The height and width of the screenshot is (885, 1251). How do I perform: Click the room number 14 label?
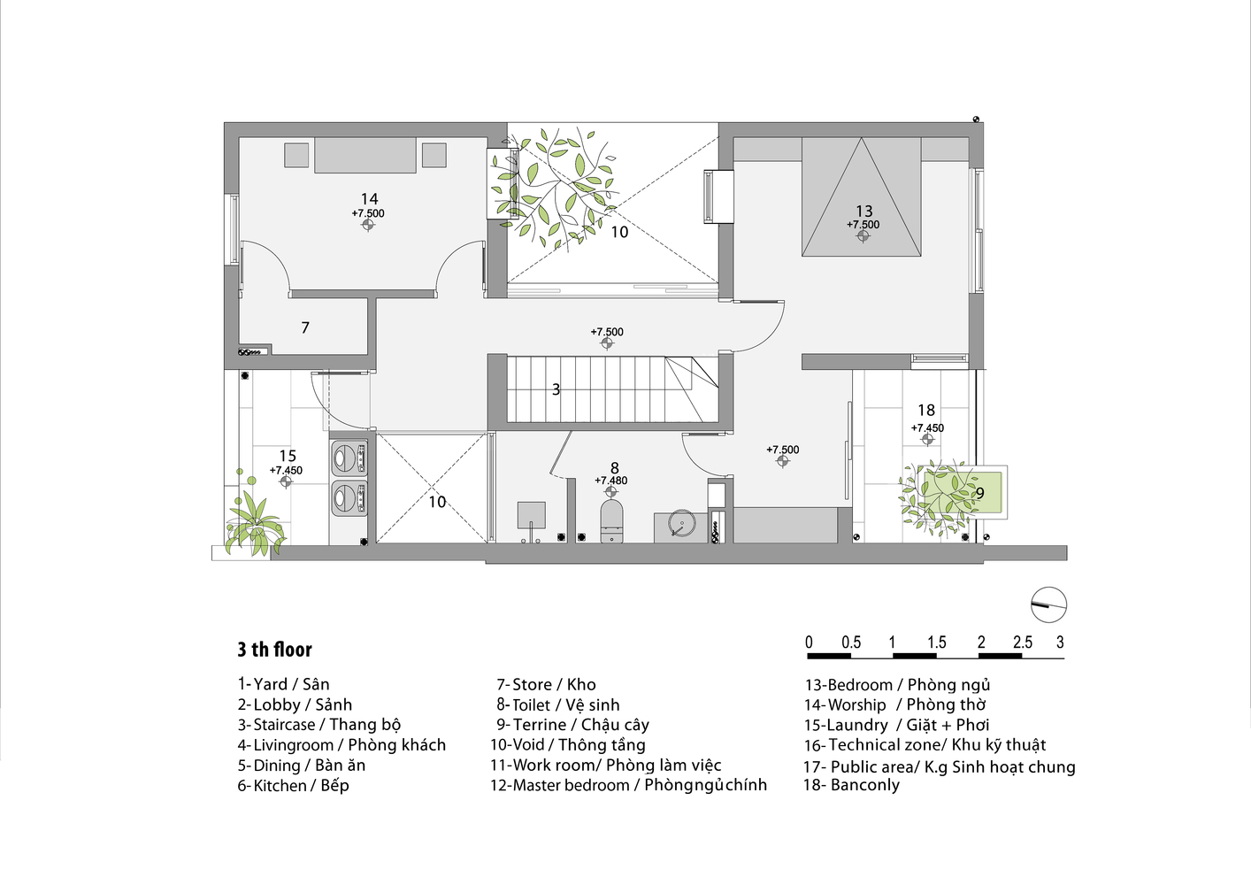[x=369, y=199]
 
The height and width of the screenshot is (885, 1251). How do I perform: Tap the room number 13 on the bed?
[x=863, y=211]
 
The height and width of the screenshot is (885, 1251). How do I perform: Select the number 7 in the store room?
[x=305, y=327]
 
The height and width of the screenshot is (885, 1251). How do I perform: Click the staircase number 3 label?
[x=556, y=389]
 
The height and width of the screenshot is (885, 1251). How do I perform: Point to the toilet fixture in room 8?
[x=612, y=521]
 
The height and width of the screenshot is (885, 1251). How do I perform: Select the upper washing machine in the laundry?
[x=347, y=458]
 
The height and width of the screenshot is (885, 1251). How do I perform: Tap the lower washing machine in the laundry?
[x=347, y=497]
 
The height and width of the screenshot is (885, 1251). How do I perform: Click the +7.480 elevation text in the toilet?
[x=610, y=481]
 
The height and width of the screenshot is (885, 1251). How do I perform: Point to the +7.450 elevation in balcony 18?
[x=927, y=427]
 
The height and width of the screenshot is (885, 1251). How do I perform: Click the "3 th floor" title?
[x=274, y=650]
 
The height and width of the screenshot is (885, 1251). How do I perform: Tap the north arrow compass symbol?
[x=1048, y=605]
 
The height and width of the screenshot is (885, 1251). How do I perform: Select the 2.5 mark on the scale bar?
[x=1022, y=643]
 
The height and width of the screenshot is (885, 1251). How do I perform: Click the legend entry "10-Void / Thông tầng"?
[x=567, y=745]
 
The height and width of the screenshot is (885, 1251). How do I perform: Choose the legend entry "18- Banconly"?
[x=851, y=785]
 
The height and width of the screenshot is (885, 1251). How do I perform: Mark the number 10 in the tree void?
[x=619, y=232]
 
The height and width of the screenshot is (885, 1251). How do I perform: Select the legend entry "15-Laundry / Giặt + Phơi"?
[x=895, y=725]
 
